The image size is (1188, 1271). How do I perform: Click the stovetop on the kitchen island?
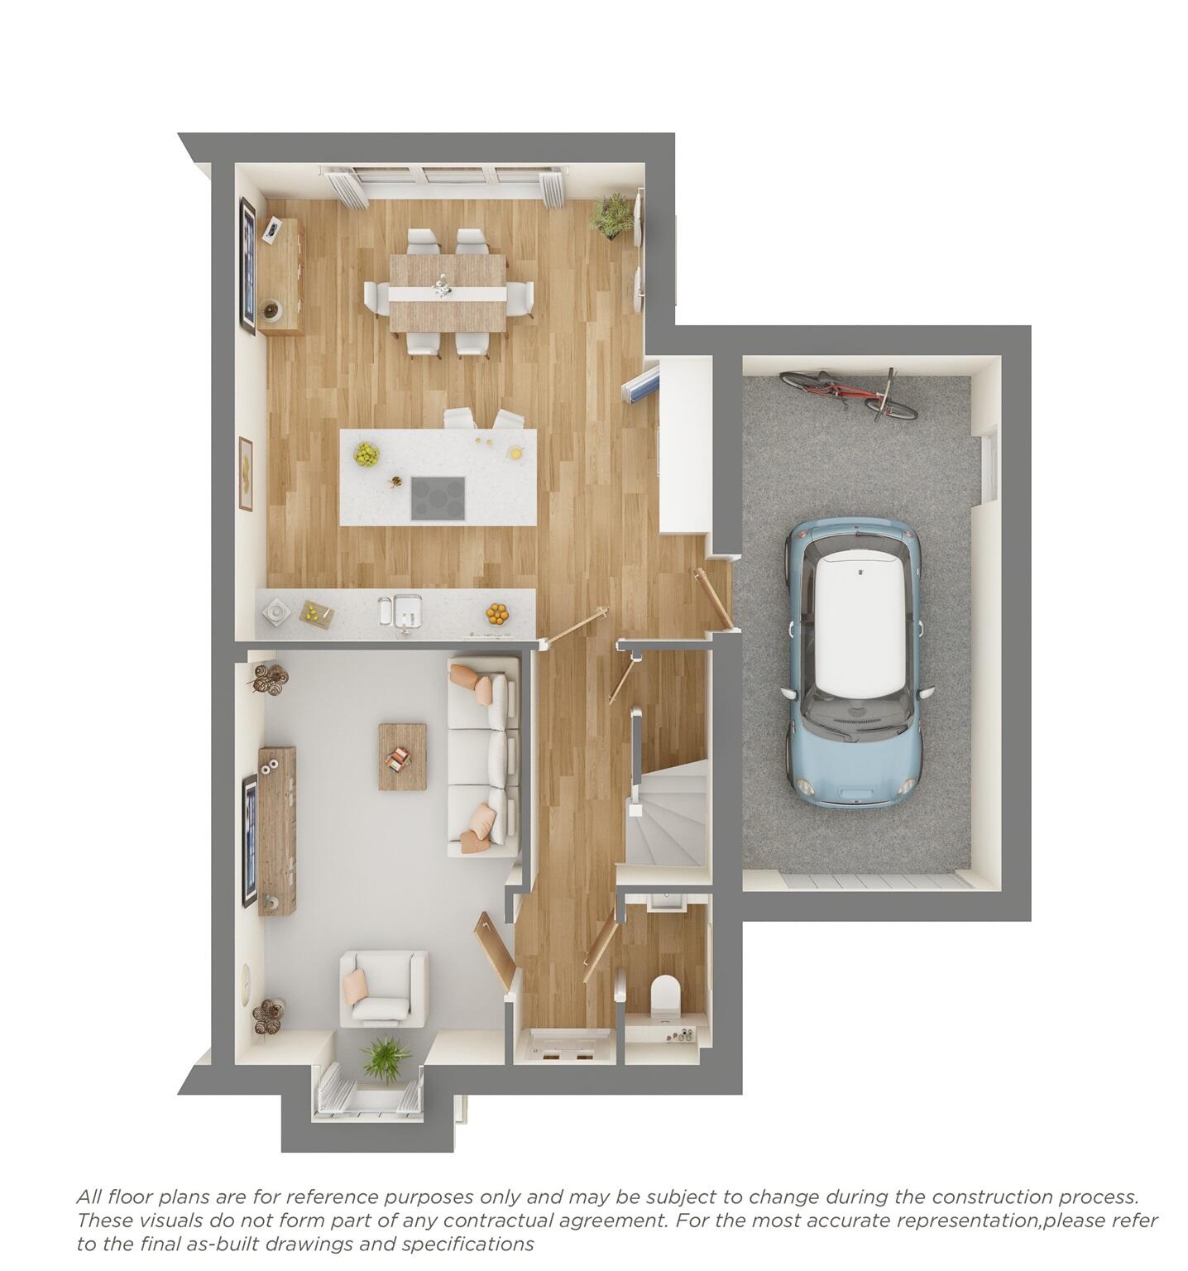pyautogui.click(x=438, y=498)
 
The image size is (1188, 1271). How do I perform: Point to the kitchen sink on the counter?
pyautogui.click(x=400, y=612)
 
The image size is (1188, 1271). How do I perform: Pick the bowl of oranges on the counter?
pyautogui.click(x=497, y=613)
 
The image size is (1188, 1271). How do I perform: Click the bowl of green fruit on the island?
pyautogui.click(x=366, y=453)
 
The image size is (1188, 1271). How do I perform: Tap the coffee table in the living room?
pyautogui.click(x=403, y=756)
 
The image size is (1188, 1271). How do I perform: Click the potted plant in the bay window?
pyautogui.click(x=385, y=1058)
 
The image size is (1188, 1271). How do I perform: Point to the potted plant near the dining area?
pyautogui.click(x=613, y=216)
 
